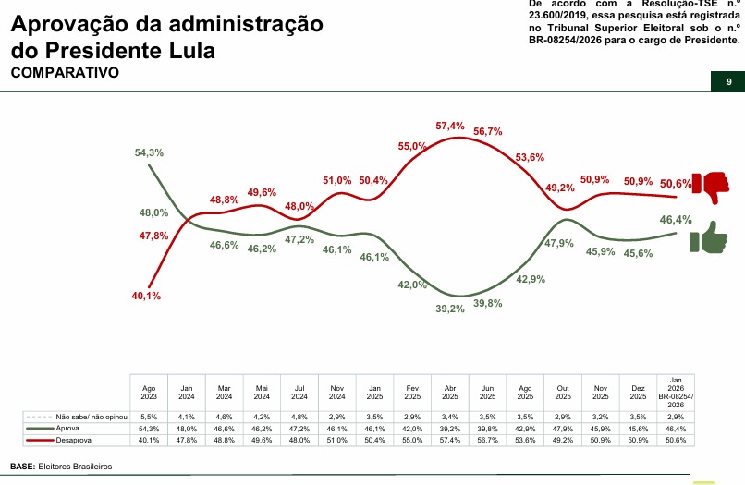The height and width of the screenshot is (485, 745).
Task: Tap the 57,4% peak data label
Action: [x=449, y=126]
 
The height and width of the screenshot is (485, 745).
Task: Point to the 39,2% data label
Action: [x=450, y=309]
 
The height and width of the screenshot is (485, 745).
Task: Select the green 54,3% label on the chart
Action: [x=149, y=152]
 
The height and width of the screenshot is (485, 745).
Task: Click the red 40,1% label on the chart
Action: [x=146, y=296]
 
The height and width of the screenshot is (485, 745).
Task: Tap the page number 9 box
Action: [x=728, y=82]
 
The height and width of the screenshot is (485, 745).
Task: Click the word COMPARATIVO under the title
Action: [x=64, y=72]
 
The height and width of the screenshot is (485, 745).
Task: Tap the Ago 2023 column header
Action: [x=149, y=393]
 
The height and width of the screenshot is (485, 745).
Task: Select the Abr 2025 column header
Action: [x=450, y=393]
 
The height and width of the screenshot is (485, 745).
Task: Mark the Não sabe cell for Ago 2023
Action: [x=149, y=418]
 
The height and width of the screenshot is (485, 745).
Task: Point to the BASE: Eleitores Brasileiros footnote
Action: [x=60, y=467]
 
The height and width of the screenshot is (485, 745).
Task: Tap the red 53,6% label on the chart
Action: [x=530, y=157]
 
